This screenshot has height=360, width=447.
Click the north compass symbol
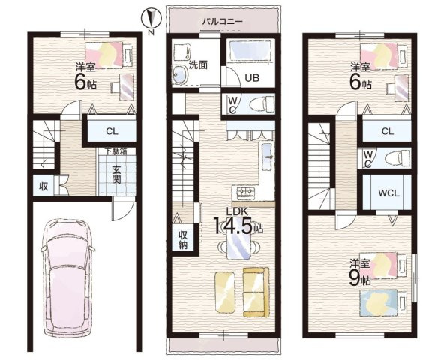click(151, 19)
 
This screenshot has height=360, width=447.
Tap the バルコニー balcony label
click(222, 22)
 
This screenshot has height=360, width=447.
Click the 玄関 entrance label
click(116, 175)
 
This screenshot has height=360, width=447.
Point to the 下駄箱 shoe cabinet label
click(115, 151)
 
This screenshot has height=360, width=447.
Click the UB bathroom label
click(252, 77)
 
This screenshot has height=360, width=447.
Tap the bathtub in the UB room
click(250, 50)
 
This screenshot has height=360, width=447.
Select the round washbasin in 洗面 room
click(179, 75)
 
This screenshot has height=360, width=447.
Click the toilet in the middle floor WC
click(262, 103)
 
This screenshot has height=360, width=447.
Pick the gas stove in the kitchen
click(245, 193)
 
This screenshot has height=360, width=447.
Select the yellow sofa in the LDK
click(256, 292)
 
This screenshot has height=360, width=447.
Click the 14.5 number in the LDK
click(233, 226)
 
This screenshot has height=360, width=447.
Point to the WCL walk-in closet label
click(388, 193)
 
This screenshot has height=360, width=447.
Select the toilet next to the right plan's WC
click(397, 158)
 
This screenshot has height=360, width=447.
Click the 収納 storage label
click(183, 240)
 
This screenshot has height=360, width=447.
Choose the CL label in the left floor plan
click(112, 131)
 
